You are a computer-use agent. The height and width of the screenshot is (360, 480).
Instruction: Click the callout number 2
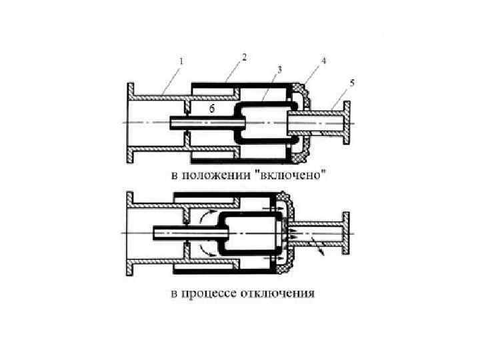pyautogui.click(x=245, y=57)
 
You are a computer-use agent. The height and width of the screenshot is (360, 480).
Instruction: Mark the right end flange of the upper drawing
pyautogui.click(x=346, y=123)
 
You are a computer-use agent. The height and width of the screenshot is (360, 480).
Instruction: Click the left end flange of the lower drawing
pyautogui.click(x=131, y=233)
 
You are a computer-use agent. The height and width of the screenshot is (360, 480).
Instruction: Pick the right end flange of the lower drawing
pyautogui.click(x=346, y=233)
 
